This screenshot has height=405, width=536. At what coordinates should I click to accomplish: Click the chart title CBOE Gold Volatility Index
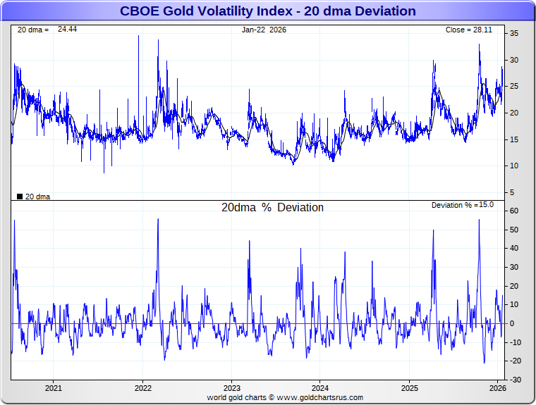coord(267,11)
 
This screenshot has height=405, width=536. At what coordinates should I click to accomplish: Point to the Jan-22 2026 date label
coord(264,30)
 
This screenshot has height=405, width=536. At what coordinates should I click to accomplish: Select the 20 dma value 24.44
coord(67,30)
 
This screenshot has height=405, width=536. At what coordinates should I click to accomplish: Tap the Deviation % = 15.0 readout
coord(463,205)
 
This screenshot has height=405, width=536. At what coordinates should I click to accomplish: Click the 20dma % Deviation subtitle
coord(272,208)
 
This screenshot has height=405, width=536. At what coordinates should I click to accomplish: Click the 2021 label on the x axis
coord(54,387)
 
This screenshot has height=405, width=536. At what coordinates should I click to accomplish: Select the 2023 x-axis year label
coord(231,387)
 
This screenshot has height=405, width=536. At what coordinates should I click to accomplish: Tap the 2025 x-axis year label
coord(409,387)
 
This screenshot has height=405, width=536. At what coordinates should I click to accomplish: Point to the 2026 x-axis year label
coord(498,387)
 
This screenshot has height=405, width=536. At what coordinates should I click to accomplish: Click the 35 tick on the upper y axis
coord(515,33)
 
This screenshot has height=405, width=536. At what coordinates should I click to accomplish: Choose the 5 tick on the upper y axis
coord(513,192)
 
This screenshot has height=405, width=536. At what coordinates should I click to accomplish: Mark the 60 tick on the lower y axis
coord(515,211)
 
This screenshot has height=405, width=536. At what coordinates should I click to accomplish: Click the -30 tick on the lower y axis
coord(516,380)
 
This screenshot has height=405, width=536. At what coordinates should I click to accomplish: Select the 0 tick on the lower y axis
coord(513,323)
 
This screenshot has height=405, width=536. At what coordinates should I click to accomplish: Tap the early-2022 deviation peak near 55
coord(158,219)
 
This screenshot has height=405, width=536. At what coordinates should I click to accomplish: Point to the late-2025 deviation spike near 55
coord(479,220)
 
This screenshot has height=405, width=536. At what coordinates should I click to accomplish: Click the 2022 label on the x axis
coord(142,387)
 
